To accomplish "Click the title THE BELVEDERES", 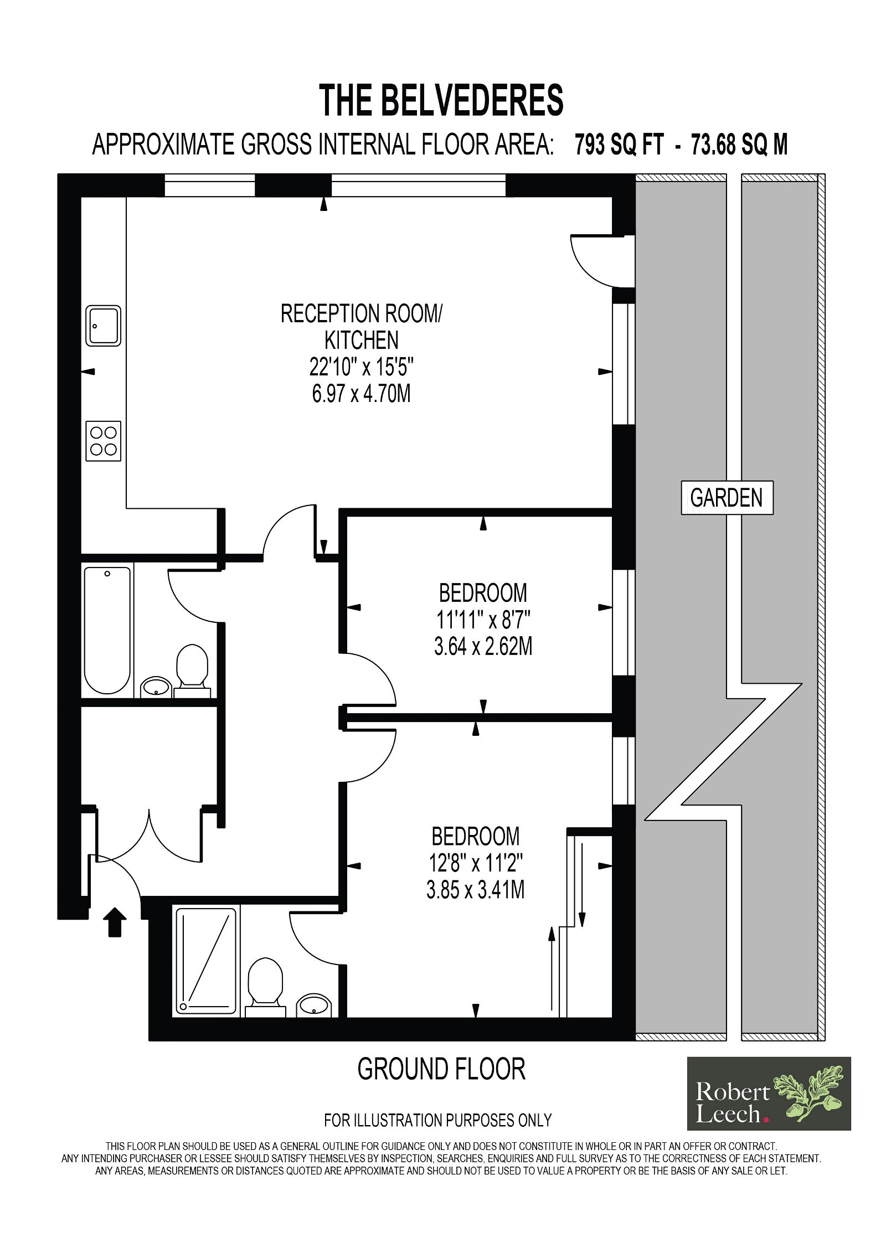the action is [441, 100].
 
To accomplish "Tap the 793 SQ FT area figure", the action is [619, 145].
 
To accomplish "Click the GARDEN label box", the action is [727, 498].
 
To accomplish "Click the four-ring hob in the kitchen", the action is [104, 441].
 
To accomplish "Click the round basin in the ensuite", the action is [314, 1004].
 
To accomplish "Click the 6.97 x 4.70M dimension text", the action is [361, 394].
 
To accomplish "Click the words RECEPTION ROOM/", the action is [362, 313].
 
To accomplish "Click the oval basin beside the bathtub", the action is [157, 687].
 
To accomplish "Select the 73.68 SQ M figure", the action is [739, 145].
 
